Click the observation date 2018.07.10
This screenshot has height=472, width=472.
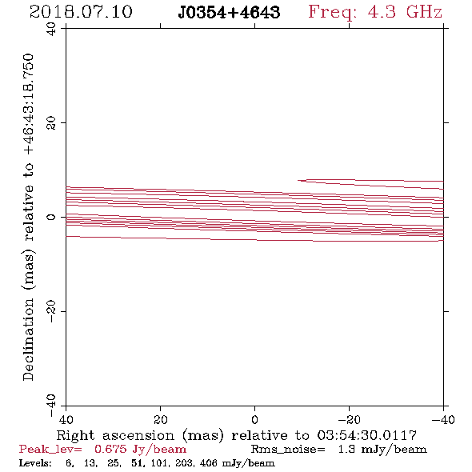point(81,12)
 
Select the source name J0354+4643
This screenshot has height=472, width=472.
point(229,12)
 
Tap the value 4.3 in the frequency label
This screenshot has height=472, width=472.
point(382,12)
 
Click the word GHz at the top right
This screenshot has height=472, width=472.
point(424,12)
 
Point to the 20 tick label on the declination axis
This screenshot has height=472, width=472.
point(51,123)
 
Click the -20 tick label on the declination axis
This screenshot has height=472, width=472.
point(51,311)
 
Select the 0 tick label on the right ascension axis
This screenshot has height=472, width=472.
point(254,420)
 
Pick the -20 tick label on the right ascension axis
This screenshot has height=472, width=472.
point(349,420)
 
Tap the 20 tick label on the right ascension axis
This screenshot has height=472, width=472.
point(161,420)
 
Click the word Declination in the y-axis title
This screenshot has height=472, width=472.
point(28,340)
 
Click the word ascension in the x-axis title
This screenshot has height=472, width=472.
point(138,435)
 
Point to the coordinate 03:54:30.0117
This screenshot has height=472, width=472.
point(366,435)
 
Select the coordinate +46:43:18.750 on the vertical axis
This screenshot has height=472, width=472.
point(29,104)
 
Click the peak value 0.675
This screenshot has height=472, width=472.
point(110,449)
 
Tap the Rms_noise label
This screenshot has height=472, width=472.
point(288,450)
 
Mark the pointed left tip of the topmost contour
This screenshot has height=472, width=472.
point(298,180)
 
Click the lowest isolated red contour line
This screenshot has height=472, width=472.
point(254,240)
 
